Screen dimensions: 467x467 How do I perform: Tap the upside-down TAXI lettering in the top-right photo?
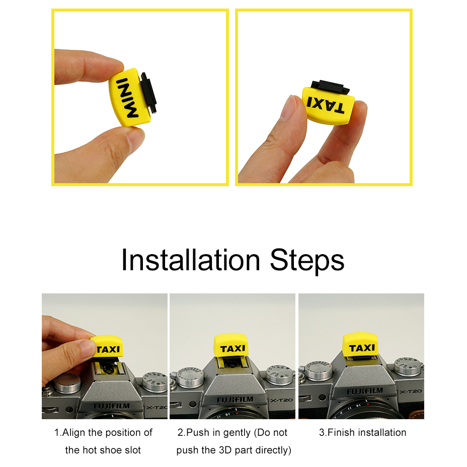click(x=326, y=105)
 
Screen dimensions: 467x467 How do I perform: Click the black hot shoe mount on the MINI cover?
click(x=148, y=93)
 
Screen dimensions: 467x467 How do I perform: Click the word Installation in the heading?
click(x=191, y=260)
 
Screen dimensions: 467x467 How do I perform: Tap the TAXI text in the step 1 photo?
click(x=108, y=349)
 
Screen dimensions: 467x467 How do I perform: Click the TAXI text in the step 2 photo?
click(x=232, y=348)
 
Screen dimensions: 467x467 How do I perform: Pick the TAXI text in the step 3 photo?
click(x=362, y=348)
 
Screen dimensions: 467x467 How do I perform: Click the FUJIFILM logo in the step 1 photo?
click(x=112, y=406)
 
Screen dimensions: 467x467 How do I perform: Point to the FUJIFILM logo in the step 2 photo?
click(x=235, y=400)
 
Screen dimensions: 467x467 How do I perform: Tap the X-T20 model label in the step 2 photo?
click(x=281, y=400)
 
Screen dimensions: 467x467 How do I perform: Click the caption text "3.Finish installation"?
click(x=362, y=432)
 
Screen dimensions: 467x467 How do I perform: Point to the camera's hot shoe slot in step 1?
click(x=108, y=369)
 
